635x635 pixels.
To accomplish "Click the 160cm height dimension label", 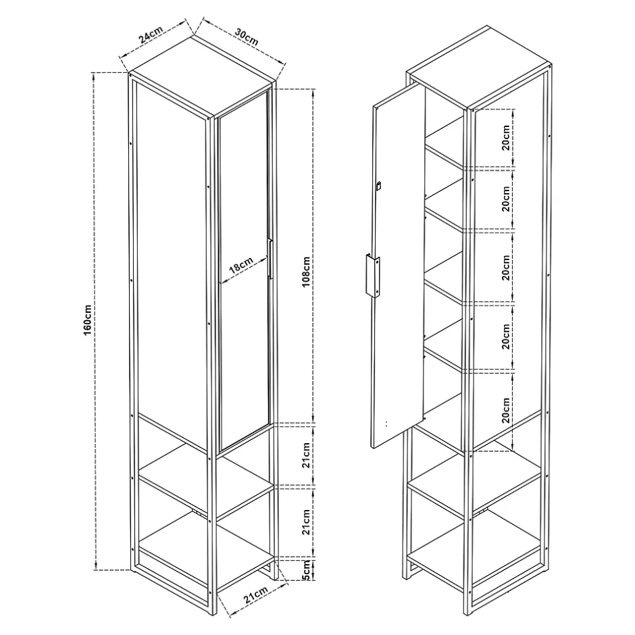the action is (x=88, y=320).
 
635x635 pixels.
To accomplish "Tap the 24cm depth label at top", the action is (x=151, y=34).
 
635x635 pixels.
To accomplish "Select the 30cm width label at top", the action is (x=246, y=37).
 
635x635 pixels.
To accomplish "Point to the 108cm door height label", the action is (x=306, y=272).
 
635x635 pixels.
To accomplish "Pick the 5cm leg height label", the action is (x=306, y=570).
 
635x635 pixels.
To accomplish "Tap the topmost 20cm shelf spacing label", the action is (x=506, y=138).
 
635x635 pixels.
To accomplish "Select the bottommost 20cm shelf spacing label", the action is (x=506, y=410).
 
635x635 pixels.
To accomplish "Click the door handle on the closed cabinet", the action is (x=270, y=259).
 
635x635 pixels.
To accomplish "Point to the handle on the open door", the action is (x=373, y=276).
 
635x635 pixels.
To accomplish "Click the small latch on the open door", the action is (x=379, y=186).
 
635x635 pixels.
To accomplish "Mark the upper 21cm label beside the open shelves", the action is (x=306, y=455).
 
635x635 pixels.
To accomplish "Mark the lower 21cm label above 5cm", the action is (x=306, y=522).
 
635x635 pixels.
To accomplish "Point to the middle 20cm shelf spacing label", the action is (x=506, y=268).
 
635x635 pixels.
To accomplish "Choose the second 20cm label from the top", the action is (x=506, y=199).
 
